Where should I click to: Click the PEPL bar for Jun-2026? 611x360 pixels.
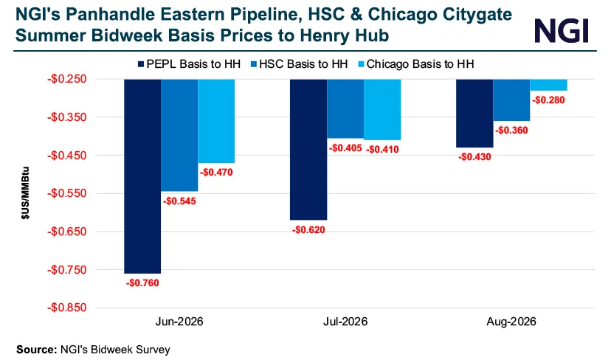[142, 176]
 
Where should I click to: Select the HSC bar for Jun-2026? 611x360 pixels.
[179, 135]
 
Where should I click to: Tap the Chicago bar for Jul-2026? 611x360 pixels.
[382, 109]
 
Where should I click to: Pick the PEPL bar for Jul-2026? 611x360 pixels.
[308, 150]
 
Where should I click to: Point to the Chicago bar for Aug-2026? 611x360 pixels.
[549, 85]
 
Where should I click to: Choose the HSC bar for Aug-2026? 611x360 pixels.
[511, 100]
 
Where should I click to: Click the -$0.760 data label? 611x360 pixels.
[142, 283]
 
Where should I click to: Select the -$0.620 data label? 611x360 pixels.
[308, 230]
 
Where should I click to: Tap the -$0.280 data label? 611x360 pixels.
[548, 100]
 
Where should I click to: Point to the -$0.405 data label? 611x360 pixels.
[345, 148]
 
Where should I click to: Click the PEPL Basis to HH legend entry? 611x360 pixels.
[189, 64]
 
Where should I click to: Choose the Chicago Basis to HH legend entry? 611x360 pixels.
[415, 64]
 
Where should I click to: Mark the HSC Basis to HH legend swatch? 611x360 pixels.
[254, 64]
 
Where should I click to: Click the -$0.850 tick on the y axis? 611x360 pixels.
[66, 308]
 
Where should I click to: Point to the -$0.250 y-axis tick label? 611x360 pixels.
[66, 79]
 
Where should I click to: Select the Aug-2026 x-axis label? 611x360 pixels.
[511, 322]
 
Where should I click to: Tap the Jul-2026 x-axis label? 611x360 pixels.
[345, 322]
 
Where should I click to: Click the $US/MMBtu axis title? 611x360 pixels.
[25, 193]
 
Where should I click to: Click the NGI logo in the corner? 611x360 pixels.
[562, 30]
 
